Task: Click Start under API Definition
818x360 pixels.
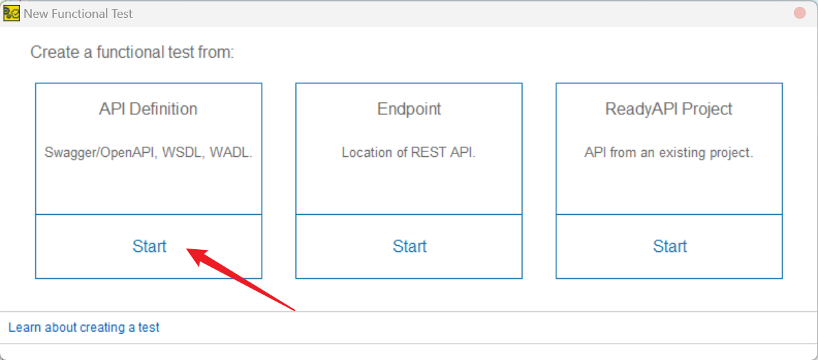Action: tap(149, 246)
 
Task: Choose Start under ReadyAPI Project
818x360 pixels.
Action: tap(669, 246)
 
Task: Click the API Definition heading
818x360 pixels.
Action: tap(148, 109)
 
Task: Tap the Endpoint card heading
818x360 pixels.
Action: tap(409, 109)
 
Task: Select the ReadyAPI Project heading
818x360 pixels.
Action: tap(669, 109)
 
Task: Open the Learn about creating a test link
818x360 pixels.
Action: tap(83, 328)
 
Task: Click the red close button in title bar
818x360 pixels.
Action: tap(799, 13)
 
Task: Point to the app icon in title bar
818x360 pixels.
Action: tap(11, 13)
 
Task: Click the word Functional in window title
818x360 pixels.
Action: tap(78, 14)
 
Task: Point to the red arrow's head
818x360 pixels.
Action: tap(191, 253)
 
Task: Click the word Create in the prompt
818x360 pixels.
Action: tap(54, 52)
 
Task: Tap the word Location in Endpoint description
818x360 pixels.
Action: tap(366, 153)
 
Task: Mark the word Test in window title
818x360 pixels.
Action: tap(121, 14)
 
